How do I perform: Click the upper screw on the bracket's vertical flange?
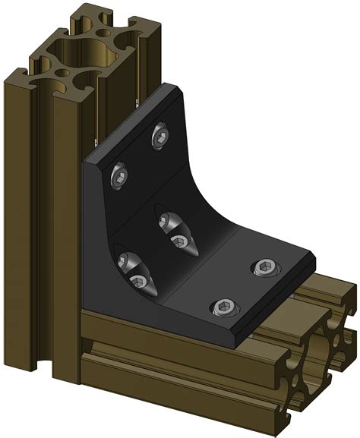[x=161, y=137]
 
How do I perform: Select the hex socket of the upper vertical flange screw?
[x=161, y=137]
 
